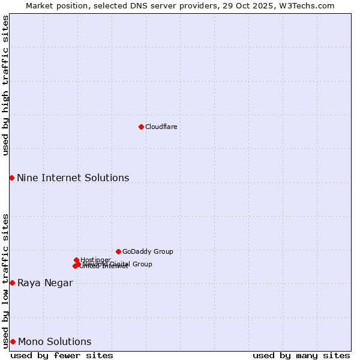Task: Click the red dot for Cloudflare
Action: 141,127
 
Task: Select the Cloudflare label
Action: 161,127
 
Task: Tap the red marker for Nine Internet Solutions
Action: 11,178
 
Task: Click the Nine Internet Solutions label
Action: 73,178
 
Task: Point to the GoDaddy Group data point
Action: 118,251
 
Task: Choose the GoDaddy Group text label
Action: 148,251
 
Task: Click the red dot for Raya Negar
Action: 12,283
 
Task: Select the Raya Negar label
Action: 45,283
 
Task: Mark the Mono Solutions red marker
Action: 13,341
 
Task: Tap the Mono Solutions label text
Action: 55,342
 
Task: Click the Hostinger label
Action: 95,260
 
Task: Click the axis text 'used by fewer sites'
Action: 62,355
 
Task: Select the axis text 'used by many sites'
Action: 301,355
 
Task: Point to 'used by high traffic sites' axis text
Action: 5,85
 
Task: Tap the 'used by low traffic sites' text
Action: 5,280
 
